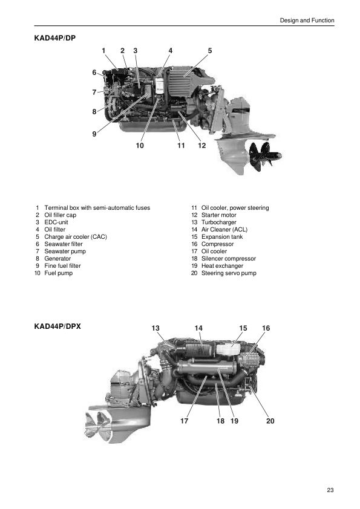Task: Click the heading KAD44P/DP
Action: (x=55, y=38)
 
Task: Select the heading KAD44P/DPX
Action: (x=57, y=326)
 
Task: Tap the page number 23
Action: (x=330, y=490)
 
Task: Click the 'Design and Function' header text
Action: (x=307, y=21)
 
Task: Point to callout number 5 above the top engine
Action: (x=210, y=51)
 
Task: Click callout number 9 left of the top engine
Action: (x=94, y=134)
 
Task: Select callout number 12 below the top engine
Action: (x=201, y=146)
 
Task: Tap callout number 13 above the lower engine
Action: (x=155, y=328)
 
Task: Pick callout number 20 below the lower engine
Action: (x=270, y=421)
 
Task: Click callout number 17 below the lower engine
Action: (x=184, y=421)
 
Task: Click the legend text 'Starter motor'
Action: (x=218, y=215)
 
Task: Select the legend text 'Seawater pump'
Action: (x=65, y=251)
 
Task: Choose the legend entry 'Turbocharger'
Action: (x=218, y=222)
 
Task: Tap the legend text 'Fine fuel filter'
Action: (x=62, y=266)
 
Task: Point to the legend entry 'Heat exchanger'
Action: (x=222, y=266)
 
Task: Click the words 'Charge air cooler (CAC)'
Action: (x=76, y=236)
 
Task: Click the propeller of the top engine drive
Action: (x=265, y=157)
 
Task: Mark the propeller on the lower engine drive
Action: (x=97, y=426)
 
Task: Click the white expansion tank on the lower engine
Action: (x=228, y=349)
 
